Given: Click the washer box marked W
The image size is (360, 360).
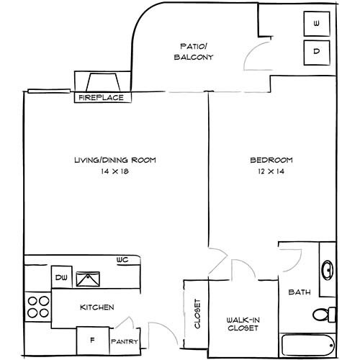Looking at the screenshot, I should (x=317, y=24).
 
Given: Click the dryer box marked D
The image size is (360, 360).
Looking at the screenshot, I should (x=317, y=51).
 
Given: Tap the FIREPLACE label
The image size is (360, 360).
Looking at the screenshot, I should (x=100, y=97).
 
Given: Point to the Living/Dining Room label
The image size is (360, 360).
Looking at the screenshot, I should (x=114, y=160).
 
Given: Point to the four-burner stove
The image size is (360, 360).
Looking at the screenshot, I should (x=38, y=307).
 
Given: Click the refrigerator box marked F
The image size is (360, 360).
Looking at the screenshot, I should (x=91, y=338).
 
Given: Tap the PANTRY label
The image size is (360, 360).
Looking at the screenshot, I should (x=123, y=342).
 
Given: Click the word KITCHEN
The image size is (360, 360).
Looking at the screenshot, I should (x=97, y=307).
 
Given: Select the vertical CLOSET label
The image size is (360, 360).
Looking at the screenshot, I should (x=196, y=315).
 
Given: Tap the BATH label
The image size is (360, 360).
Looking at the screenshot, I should (x=299, y=292).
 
